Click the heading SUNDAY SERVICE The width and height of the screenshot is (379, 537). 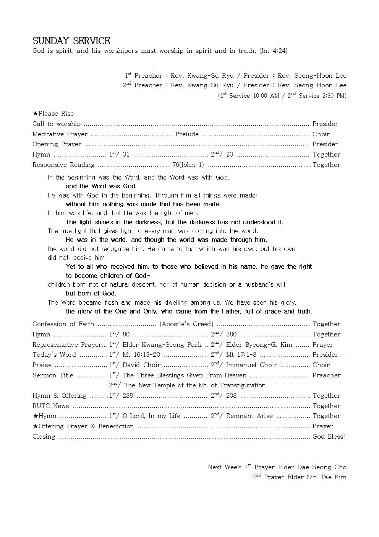71,41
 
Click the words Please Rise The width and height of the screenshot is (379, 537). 56,114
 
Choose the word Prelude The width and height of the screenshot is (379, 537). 187,134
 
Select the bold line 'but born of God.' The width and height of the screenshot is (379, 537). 91,294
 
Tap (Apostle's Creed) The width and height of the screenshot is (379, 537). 186,324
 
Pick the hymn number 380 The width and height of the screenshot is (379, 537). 231,335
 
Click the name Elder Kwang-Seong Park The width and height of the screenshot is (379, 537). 162,345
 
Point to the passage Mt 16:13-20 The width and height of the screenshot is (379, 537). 141,355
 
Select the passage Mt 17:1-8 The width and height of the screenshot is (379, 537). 241,355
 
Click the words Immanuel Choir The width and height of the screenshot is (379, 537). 251,365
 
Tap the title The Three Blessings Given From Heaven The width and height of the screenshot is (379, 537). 185,375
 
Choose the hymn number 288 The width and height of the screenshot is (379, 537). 128,396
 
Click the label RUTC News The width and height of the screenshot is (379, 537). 51,406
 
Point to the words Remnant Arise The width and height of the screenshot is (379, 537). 249,416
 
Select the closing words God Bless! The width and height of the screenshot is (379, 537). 329,437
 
